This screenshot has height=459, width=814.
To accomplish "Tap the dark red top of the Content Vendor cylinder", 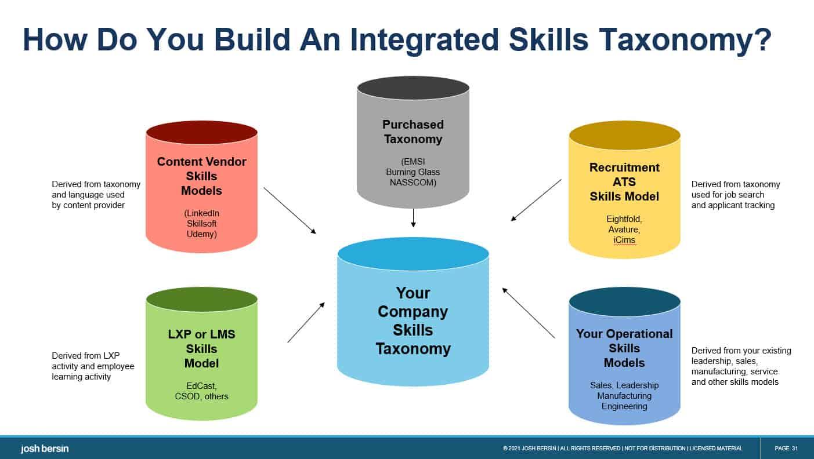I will tap(201, 133).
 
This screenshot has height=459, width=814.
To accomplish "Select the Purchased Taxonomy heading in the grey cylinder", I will tap(413, 132).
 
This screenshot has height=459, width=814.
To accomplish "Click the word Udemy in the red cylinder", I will tap(201, 234).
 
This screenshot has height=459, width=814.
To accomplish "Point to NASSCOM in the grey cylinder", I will tap(413, 182).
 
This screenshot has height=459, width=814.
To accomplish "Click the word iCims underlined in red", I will tap(624, 240).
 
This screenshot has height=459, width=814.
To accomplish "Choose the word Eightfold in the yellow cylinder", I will tap(624, 219).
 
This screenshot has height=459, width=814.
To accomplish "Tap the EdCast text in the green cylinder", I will tap(201, 386).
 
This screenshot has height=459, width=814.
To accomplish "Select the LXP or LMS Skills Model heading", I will tap(201, 348).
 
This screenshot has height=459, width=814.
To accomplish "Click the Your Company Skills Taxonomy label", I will tap(413, 320).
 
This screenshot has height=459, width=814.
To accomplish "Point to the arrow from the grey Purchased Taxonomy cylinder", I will tap(413, 217).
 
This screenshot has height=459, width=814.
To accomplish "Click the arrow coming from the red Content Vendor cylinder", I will tap(290, 210).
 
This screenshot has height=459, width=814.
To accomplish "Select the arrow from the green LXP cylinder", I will tap(306, 322).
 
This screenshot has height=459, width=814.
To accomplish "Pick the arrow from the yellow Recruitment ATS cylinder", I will tap(536, 200).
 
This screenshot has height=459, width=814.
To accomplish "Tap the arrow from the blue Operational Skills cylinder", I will tap(529, 313).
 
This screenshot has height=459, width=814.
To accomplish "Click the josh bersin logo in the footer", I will tap(45, 448).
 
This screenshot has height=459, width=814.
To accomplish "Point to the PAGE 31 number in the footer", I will tap(786, 448).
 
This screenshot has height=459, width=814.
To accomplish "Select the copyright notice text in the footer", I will tap(623, 448).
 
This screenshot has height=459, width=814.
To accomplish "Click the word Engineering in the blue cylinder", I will tap(624, 406).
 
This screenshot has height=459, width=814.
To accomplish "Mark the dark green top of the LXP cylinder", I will tap(201, 299).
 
